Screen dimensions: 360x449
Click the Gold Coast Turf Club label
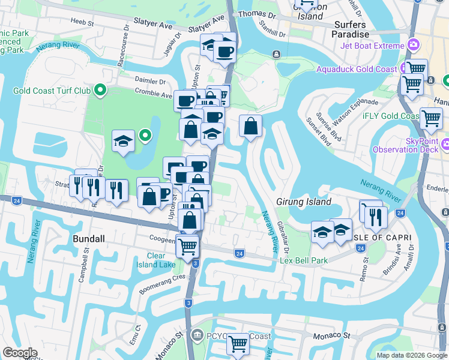[x=53, y=91]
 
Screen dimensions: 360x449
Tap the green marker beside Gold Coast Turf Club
[x=100, y=91]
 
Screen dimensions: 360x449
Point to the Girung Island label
[x=303, y=202]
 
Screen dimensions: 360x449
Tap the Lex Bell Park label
[x=304, y=260]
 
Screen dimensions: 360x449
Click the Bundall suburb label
[x=88, y=238]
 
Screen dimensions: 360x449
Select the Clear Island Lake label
[x=156, y=260]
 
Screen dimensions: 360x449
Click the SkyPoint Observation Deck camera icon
[x=445, y=144]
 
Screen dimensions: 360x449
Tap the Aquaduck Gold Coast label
[x=357, y=70]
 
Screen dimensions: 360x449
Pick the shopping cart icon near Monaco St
[x=238, y=343]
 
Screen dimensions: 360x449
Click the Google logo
[x=20, y=353]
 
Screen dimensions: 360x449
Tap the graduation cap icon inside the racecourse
[x=124, y=141]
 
